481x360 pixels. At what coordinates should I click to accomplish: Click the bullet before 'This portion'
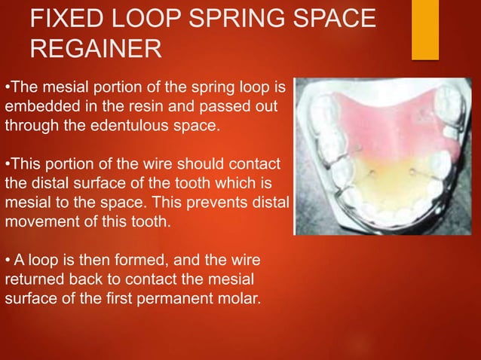pyautogui.click(x=7, y=163)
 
